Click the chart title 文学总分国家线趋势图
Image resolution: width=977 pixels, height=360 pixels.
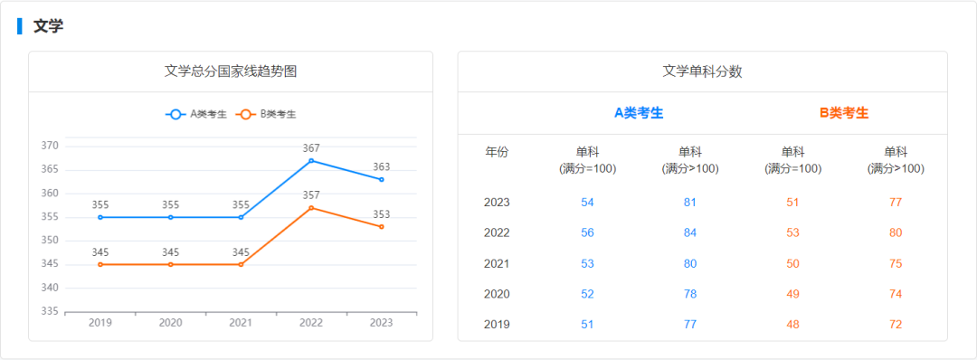point(231,71)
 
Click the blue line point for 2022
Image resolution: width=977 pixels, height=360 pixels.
point(311,161)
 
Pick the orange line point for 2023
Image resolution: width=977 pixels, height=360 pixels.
point(382,226)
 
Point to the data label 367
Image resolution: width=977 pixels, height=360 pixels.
point(311,148)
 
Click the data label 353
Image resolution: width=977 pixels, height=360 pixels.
point(382,214)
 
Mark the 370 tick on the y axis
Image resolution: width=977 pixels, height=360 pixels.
point(50,146)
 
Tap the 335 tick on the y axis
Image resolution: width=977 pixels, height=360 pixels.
point(50,311)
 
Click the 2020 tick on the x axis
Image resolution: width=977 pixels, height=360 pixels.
point(170,323)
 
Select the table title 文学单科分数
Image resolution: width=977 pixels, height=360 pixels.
point(702,71)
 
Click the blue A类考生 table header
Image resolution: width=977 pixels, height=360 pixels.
point(639,113)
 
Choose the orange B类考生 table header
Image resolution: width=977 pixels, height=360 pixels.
point(844,113)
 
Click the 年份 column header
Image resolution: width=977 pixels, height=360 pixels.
point(498,152)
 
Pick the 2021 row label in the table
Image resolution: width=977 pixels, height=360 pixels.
point(498,263)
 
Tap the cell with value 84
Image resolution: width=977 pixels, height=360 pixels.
point(690,232)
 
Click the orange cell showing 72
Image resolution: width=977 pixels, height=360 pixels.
point(896,325)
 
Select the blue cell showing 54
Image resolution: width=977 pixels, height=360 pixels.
point(588,202)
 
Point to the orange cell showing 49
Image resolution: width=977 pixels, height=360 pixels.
point(792,294)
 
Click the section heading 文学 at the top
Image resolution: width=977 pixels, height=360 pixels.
point(48,26)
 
